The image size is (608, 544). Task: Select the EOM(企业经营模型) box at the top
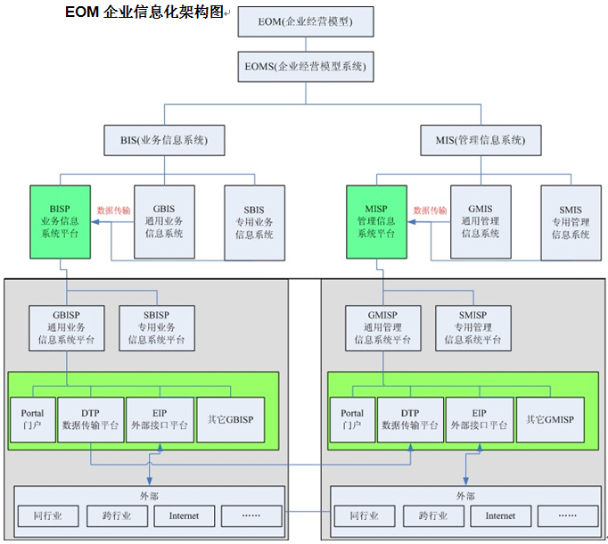(x=304, y=21)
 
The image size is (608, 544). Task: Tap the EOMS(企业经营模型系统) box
(x=304, y=66)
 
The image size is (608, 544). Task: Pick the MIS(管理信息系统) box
(x=481, y=140)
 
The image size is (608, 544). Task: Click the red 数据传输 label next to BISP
(x=113, y=210)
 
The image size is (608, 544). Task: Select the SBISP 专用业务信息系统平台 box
(x=157, y=327)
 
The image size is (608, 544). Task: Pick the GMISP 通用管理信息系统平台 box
(x=383, y=327)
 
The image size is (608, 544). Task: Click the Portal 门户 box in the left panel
(x=32, y=419)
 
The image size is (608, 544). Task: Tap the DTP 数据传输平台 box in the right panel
(x=409, y=419)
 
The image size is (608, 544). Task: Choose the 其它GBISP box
(x=229, y=419)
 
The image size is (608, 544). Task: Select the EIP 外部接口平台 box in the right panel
(x=478, y=419)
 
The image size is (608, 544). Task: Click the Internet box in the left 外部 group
(x=184, y=515)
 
